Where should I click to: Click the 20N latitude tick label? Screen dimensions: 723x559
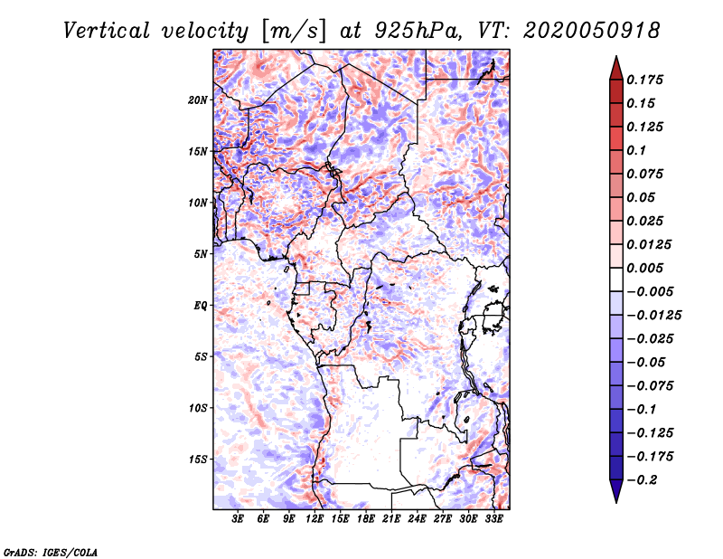198,100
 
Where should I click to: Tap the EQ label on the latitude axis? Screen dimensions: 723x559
201,306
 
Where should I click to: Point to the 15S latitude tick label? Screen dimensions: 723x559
198,460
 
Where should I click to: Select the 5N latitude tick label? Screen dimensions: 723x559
201,254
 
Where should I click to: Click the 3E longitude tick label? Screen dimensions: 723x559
238,519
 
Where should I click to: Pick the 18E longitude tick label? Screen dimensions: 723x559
366,519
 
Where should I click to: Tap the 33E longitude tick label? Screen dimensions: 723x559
493,519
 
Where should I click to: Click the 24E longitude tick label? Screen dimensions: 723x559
417,519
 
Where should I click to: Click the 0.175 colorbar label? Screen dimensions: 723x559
644,80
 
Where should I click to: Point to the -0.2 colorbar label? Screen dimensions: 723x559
642,480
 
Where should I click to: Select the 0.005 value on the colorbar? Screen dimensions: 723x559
644,268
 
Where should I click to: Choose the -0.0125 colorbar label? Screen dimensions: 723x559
653,316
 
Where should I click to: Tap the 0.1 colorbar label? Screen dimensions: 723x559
636,150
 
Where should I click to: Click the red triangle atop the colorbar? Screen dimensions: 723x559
616,69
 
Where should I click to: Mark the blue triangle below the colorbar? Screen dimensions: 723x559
616,490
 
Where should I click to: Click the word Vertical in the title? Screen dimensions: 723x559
107,31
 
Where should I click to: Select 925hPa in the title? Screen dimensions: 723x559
418,31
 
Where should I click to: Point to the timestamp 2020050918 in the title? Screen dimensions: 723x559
592,31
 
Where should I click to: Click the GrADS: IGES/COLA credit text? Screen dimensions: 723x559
51,552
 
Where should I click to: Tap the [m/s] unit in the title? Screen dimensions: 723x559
294,31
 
